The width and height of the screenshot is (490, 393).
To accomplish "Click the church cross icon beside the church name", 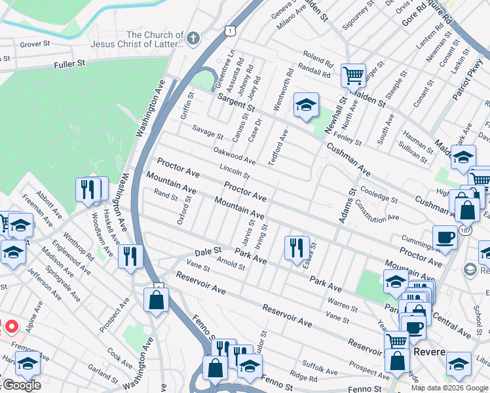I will tap(192, 38).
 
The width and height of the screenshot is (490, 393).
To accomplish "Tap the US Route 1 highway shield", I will tap(229, 30).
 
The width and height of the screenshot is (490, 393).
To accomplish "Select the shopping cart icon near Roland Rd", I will tap(352, 75).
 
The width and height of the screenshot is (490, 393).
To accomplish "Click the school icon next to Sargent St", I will tap(305, 105).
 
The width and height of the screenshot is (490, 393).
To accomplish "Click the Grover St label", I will tap(35, 45).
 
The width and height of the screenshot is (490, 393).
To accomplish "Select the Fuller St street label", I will tap(69, 64).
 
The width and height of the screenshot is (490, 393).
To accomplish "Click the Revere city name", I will tap(429, 352).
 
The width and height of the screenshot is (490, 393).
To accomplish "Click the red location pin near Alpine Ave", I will tap(12, 326).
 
